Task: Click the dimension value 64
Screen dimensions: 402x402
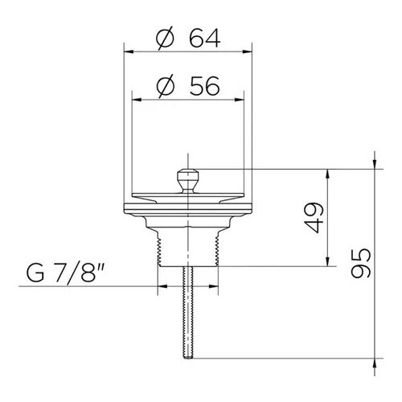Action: point(205,38)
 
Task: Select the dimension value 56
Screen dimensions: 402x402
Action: point(205,86)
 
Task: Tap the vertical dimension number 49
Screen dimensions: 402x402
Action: point(314,218)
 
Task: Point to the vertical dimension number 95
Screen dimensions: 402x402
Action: point(361,263)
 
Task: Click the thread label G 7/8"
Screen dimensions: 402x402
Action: point(65,273)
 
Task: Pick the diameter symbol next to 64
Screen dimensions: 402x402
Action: point(165,39)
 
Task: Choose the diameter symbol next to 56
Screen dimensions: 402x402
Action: point(166,86)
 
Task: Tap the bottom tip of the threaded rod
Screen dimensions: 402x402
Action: point(188,358)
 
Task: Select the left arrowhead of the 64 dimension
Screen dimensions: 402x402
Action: point(129,51)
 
